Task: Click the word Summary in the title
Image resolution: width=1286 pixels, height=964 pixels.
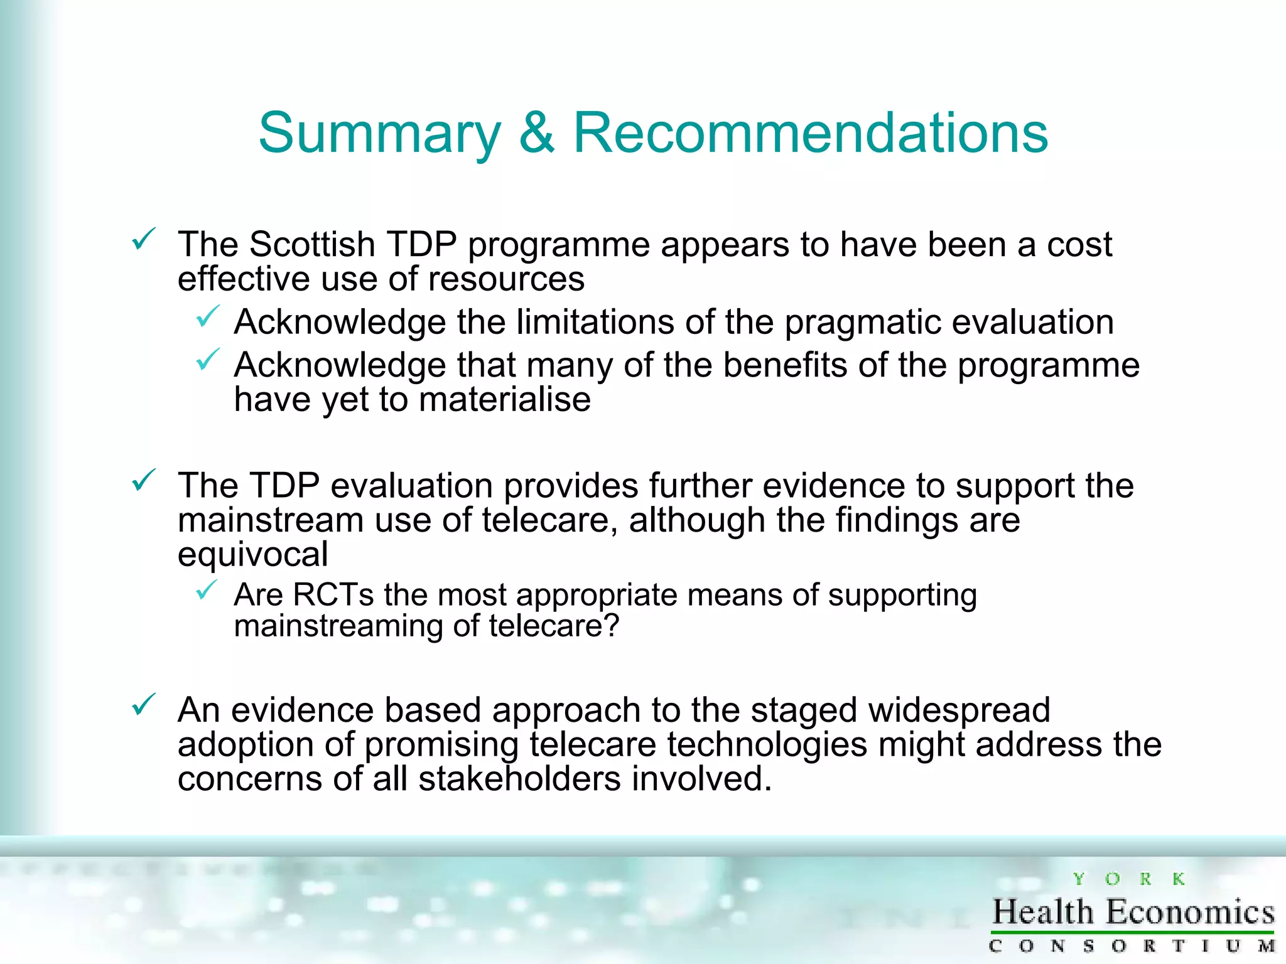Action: (379, 134)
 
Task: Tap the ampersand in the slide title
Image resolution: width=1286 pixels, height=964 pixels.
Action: (537, 132)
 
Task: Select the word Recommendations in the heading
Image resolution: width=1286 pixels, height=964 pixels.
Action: (811, 132)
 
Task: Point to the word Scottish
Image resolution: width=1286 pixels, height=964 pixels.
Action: (312, 244)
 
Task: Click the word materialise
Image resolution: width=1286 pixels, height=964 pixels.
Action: (504, 400)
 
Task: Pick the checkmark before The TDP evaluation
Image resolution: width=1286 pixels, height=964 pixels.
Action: (143, 481)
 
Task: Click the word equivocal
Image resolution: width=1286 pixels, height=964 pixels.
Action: (252, 554)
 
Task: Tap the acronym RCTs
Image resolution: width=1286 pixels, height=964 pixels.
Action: (333, 594)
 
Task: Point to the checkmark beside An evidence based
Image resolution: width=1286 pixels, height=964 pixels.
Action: (143, 705)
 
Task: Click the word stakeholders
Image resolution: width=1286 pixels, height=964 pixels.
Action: (519, 779)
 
